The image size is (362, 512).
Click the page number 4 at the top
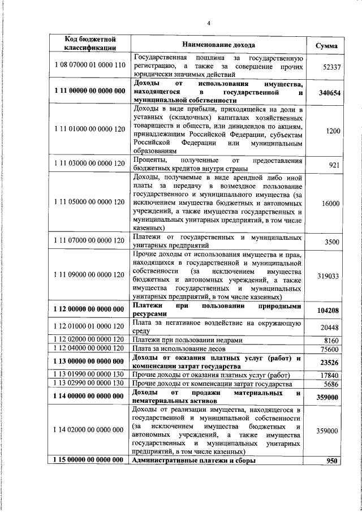tap(208, 23)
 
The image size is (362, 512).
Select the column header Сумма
tap(326, 45)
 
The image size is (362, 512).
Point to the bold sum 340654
tap(329, 93)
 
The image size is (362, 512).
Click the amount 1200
tap(331, 131)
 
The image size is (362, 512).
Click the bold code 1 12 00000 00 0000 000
tap(89, 309)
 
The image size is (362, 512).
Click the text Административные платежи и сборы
tap(192, 461)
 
